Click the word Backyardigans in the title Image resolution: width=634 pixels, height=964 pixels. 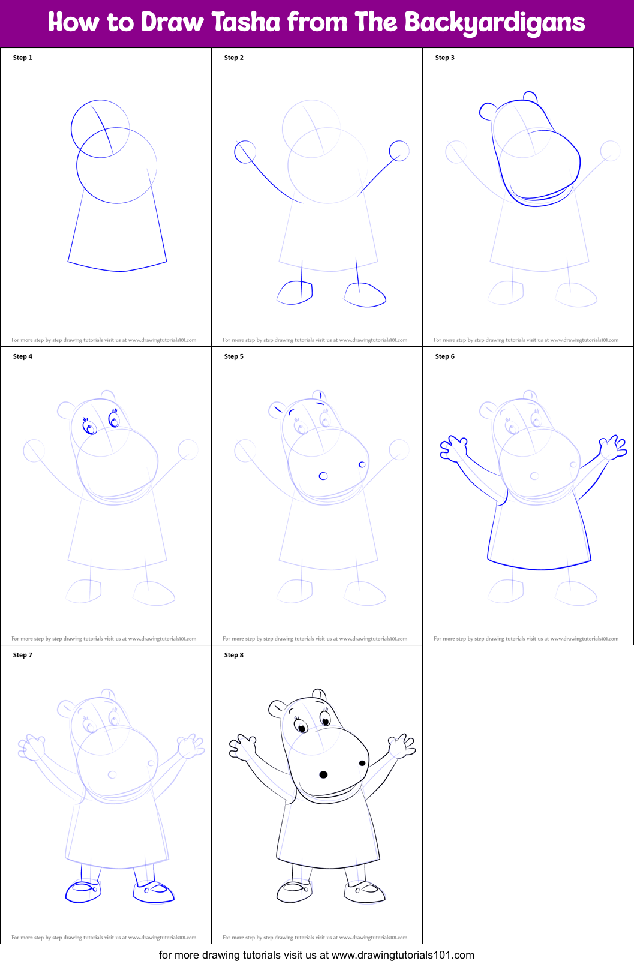(x=494, y=23)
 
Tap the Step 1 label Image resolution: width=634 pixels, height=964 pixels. (x=23, y=58)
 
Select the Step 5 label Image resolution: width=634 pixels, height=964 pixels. (x=234, y=356)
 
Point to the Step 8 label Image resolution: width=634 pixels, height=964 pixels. (x=234, y=655)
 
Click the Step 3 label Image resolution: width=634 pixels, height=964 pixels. (x=445, y=58)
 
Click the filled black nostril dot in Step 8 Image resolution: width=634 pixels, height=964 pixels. (x=323, y=774)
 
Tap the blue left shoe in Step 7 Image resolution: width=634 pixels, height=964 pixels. (x=83, y=891)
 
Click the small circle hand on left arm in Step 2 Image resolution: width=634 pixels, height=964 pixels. (x=245, y=152)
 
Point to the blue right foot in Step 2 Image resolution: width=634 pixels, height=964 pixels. (x=365, y=295)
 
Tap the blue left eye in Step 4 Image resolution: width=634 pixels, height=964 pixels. (x=90, y=427)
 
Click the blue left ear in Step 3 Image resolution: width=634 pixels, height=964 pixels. (x=488, y=111)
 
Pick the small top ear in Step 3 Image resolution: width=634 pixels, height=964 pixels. (x=530, y=97)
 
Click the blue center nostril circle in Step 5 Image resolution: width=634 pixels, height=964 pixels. (x=323, y=476)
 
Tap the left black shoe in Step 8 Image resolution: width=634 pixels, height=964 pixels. (x=294, y=891)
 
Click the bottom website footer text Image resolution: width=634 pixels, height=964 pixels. (x=317, y=954)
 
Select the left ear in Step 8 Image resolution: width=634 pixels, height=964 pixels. (x=277, y=708)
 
